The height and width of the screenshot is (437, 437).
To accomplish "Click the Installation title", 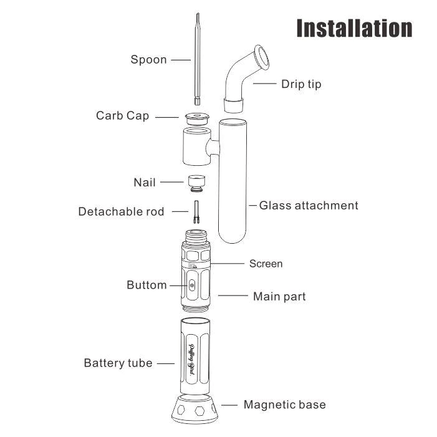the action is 354,28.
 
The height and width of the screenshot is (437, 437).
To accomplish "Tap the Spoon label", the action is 148,60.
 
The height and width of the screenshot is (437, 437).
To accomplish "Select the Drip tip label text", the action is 301,84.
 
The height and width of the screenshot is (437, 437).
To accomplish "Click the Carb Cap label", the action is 123,116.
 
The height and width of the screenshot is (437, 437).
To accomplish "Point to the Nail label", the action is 145,183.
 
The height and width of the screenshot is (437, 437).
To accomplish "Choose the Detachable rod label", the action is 121,211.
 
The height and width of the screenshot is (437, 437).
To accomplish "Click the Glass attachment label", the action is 309,206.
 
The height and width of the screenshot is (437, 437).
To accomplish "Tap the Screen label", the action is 266,264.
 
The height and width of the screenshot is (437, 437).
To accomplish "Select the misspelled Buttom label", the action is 146,285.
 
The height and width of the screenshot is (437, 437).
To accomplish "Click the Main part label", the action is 279,297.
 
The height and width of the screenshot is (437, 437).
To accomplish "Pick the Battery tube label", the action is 118,363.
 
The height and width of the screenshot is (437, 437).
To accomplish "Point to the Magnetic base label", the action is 284,405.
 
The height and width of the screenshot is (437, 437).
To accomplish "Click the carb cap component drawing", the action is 197,118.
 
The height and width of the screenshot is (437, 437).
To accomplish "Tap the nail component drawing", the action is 196,183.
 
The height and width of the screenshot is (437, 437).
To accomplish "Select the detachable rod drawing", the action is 196,212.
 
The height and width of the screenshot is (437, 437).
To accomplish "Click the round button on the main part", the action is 191,285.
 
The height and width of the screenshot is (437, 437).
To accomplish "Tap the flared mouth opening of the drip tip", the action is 261,57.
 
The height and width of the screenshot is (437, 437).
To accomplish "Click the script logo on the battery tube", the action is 192,360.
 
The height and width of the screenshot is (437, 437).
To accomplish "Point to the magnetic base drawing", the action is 194,409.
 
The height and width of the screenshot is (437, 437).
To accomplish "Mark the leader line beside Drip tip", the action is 265,84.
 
